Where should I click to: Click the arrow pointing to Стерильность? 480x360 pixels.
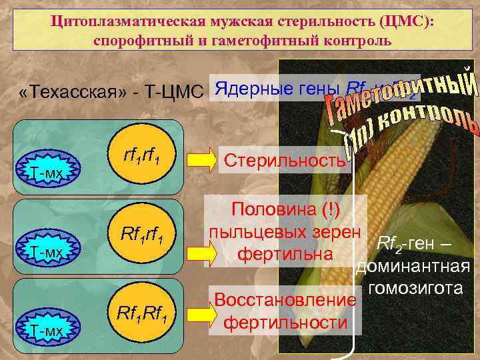tap(200, 161)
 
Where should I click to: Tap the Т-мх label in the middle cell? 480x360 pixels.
tap(46, 252)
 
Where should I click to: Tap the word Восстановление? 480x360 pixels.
tap(283, 300)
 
